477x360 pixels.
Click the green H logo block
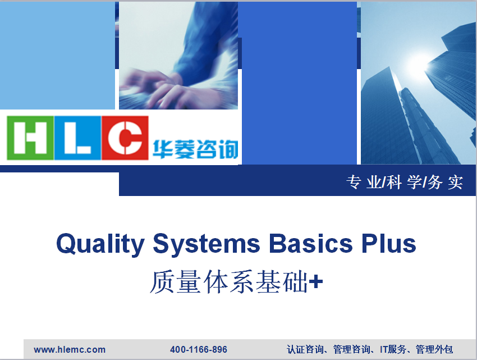pyautogui.click(x=30, y=138)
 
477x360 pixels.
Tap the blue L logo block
pyautogui.click(x=77, y=138)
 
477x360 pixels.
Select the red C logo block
pyautogui.click(x=125, y=138)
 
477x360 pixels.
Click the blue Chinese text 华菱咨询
pyautogui.click(x=195, y=149)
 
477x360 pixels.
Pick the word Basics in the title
pyautogui.click(x=310, y=244)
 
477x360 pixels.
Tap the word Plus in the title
pyautogui.click(x=389, y=244)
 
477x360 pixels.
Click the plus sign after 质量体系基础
pyautogui.click(x=316, y=281)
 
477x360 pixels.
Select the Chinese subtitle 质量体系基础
pyautogui.click(x=229, y=282)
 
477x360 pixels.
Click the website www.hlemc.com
pyautogui.click(x=70, y=349)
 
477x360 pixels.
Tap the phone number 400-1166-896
pyautogui.click(x=199, y=349)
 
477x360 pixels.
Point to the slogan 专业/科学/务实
pyautogui.click(x=405, y=183)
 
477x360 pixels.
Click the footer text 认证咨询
pyautogui.click(x=305, y=349)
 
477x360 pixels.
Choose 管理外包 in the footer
pyautogui.click(x=434, y=349)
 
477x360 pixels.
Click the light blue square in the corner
pyautogui.click(x=57, y=56)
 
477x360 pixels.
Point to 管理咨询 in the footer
pyautogui.click(x=352, y=349)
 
